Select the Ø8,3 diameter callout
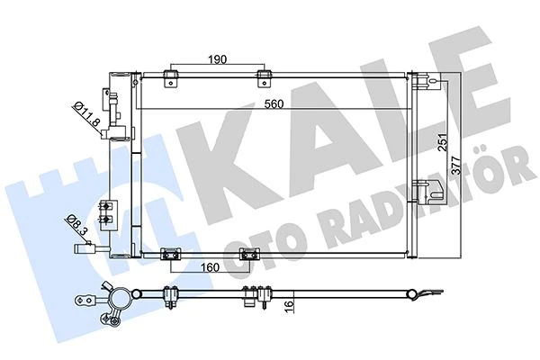pos(77,221)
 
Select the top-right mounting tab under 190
pos(264,78)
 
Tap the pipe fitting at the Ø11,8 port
pos(115,117)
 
